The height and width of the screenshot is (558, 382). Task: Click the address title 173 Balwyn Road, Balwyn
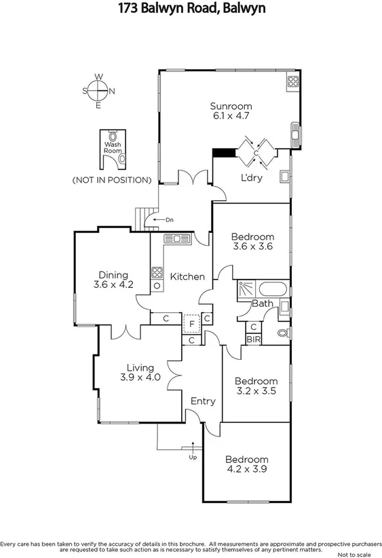click(191, 9)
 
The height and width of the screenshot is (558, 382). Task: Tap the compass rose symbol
click(98, 91)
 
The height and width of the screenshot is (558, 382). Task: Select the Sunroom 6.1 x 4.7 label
click(231, 111)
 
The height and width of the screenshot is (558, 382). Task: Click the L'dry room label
click(252, 178)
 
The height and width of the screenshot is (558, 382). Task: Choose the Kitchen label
click(187, 276)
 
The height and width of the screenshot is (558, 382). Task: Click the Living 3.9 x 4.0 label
click(140, 373)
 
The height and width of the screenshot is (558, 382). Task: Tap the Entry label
click(202, 401)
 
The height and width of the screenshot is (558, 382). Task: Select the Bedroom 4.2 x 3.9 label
click(247, 464)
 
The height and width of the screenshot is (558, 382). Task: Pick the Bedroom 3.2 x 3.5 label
click(256, 386)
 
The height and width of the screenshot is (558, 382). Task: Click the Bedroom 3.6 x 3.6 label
click(252, 242)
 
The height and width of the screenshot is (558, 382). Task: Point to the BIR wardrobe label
click(253, 339)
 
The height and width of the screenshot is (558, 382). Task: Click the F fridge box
click(192, 323)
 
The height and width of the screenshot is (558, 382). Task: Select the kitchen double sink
click(180, 239)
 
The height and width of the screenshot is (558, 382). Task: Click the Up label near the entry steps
click(193, 458)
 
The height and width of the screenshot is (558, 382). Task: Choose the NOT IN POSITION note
click(111, 180)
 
